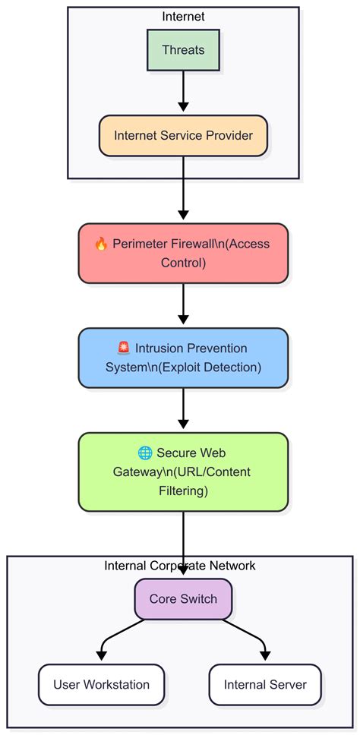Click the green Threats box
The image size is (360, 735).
click(x=183, y=50)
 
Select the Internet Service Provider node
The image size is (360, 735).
click(x=183, y=136)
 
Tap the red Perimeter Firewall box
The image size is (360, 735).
click(x=183, y=254)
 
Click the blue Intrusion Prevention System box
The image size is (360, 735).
click(x=183, y=358)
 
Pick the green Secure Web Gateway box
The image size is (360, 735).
click(x=183, y=472)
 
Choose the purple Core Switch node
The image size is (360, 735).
click(x=183, y=598)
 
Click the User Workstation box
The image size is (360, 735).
click(x=101, y=684)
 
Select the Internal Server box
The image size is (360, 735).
click(x=265, y=684)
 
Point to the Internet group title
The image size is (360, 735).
click(x=183, y=16)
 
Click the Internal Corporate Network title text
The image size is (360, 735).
click(x=180, y=566)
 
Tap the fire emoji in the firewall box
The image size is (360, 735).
click(x=101, y=244)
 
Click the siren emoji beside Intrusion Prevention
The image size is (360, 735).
click(x=125, y=349)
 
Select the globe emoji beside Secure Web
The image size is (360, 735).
click(x=145, y=453)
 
